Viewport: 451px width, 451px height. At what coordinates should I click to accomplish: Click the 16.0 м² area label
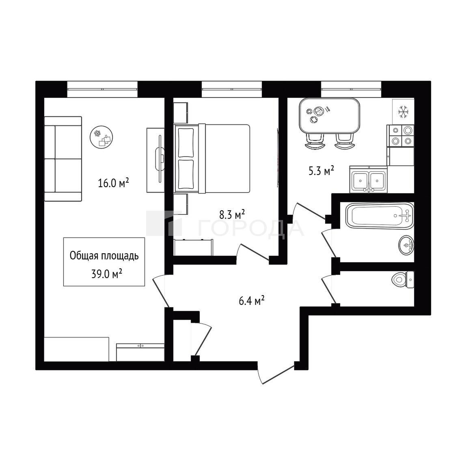113,183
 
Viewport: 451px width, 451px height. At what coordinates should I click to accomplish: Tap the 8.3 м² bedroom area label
232,214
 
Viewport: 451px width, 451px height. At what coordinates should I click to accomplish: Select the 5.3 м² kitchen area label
321,171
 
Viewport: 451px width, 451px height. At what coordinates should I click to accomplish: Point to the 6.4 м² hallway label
252,301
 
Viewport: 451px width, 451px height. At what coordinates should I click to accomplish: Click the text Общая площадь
104,256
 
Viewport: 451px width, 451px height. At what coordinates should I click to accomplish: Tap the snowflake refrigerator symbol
404,112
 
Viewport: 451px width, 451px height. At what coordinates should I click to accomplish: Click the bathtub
380,216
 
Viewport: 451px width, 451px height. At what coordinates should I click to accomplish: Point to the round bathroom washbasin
406,245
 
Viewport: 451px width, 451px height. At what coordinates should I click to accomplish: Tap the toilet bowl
403,279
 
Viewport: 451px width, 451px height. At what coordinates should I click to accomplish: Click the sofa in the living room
63,159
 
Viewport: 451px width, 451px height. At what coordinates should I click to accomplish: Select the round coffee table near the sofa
101,138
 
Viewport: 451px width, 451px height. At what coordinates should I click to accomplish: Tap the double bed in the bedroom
212,158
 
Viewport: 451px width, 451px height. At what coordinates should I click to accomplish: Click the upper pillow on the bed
186,142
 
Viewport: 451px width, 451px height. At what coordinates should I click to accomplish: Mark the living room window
102,89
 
